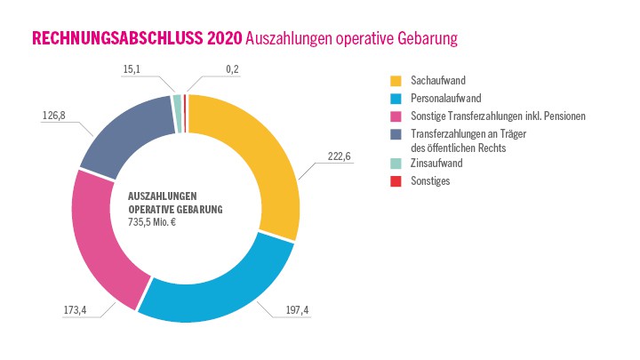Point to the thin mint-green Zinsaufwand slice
177,100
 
